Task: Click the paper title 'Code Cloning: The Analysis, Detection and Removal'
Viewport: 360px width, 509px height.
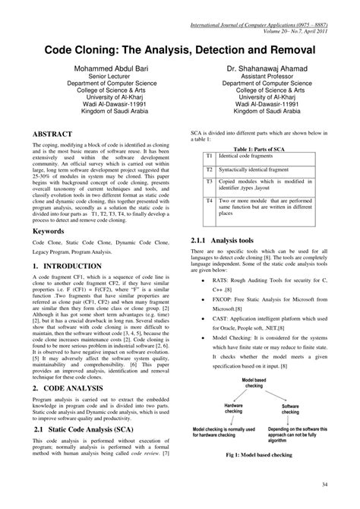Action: point(179,47)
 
